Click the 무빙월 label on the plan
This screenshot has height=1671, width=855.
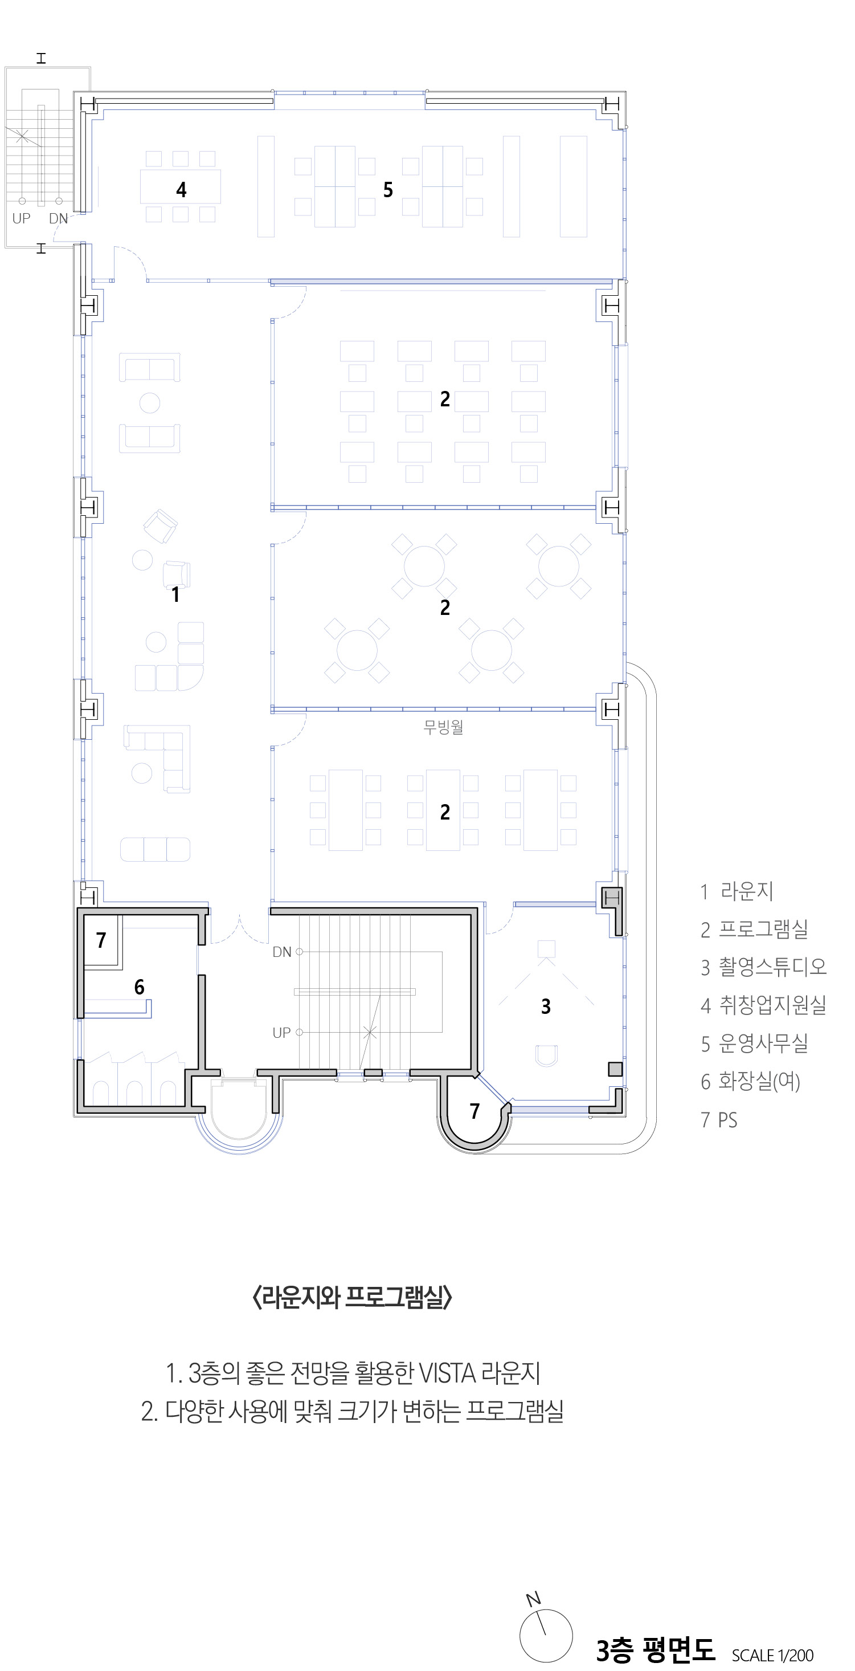click(443, 727)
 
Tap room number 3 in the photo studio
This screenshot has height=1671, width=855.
click(546, 1006)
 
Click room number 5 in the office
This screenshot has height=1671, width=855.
click(388, 189)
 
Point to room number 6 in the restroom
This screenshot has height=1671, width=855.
click(140, 987)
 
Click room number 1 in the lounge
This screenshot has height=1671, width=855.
click(175, 594)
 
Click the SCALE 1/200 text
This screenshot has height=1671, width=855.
click(772, 1655)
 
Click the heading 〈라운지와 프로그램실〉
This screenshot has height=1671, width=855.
click(352, 1297)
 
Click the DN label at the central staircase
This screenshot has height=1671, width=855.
click(282, 952)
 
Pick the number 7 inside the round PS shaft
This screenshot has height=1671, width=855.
click(474, 1111)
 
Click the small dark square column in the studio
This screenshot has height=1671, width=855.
click(615, 1069)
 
